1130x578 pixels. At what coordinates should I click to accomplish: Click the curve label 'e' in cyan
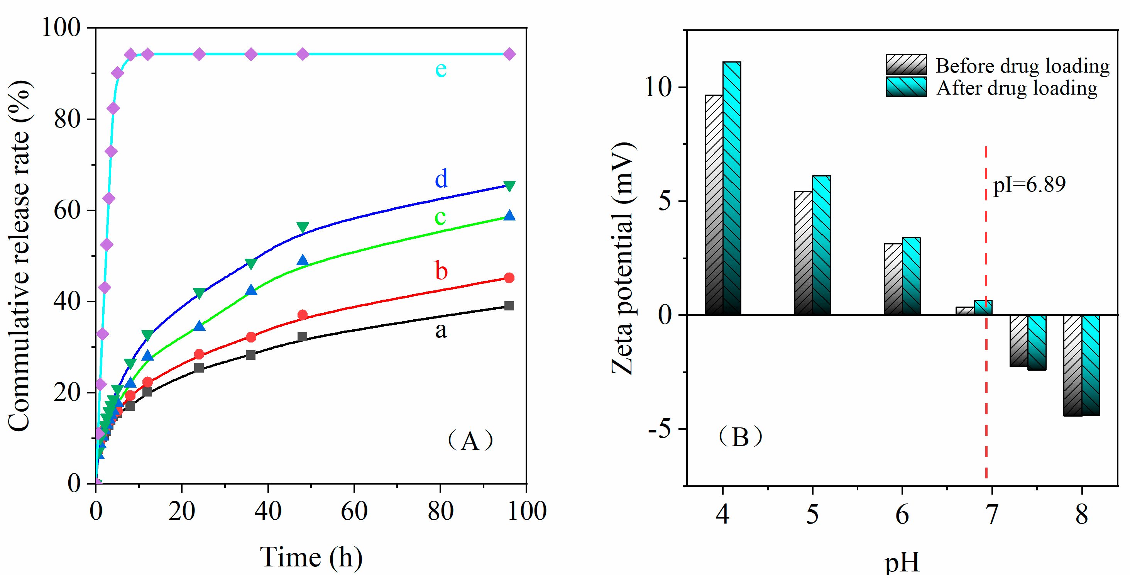(x=441, y=69)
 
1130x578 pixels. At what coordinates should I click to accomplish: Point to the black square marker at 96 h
(x=509, y=306)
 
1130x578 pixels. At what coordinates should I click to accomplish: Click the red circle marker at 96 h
(x=509, y=278)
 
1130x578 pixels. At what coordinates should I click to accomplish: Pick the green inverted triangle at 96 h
(x=509, y=186)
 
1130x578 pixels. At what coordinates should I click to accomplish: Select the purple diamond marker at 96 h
(x=509, y=54)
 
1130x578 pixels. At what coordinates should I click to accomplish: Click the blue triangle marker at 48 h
(x=302, y=260)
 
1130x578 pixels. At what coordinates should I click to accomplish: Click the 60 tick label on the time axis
(x=354, y=511)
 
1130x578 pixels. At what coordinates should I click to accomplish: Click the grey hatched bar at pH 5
(x=803, y=253)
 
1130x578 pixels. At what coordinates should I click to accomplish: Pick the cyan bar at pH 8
(x=1091, y=365)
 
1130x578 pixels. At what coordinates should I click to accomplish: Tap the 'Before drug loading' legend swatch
(x=906, y=65)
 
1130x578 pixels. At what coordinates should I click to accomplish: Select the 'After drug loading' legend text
(x=1017, y=88)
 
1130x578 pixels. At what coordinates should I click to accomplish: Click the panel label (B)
(x=741, y=437)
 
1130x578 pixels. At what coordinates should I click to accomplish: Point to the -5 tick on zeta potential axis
(x=660, y=429)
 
